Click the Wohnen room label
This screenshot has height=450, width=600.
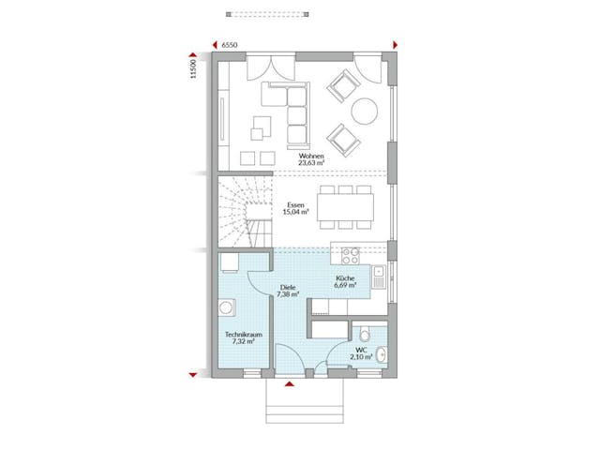pyautogui.click(x=311, y=156)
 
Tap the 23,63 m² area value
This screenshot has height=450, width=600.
pyautogui.click(x=311, y=163)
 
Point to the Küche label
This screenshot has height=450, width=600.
pyautogui.click(x=346, y=278)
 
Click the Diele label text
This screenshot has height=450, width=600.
pyautogui.click(x=288, y=287)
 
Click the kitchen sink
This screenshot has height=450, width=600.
pyautogui.click(x=378, y=277)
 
